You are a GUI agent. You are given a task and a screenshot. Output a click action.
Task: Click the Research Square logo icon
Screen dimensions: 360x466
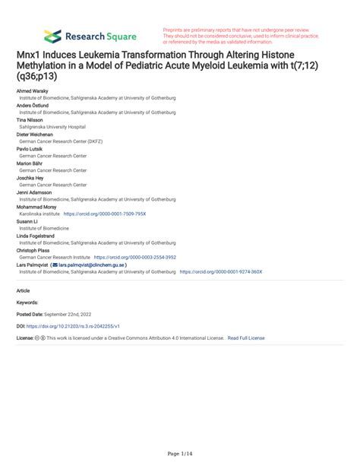[52, 36]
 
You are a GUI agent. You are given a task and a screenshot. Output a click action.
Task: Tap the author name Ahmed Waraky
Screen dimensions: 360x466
[33, 90]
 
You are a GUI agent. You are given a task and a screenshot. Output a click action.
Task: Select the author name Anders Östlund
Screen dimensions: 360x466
[33, 106]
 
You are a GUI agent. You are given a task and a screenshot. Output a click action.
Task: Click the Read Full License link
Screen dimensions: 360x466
[246, 338]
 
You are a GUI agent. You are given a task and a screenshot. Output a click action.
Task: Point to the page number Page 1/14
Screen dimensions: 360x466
[179, 454]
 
